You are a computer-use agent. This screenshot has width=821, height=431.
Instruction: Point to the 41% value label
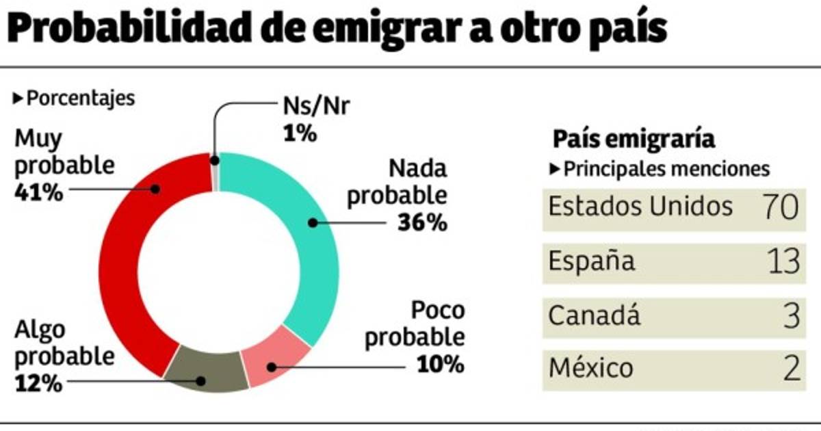[38, 193]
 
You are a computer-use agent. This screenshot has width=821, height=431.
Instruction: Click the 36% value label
[421, 222]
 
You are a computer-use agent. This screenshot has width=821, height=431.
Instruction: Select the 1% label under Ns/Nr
[298, 133]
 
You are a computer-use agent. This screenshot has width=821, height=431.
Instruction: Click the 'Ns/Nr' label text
[316, 107]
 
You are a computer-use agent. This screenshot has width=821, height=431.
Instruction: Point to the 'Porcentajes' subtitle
[80, 99]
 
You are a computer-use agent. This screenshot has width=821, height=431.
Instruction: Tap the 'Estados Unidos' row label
[640, 206]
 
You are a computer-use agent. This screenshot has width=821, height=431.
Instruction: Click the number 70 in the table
[780, 207]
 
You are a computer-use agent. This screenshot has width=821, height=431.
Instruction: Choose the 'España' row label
[592, 261]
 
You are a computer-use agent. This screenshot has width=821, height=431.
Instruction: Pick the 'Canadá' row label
[595, 316]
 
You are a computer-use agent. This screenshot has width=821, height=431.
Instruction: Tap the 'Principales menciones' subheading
[666, 169]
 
